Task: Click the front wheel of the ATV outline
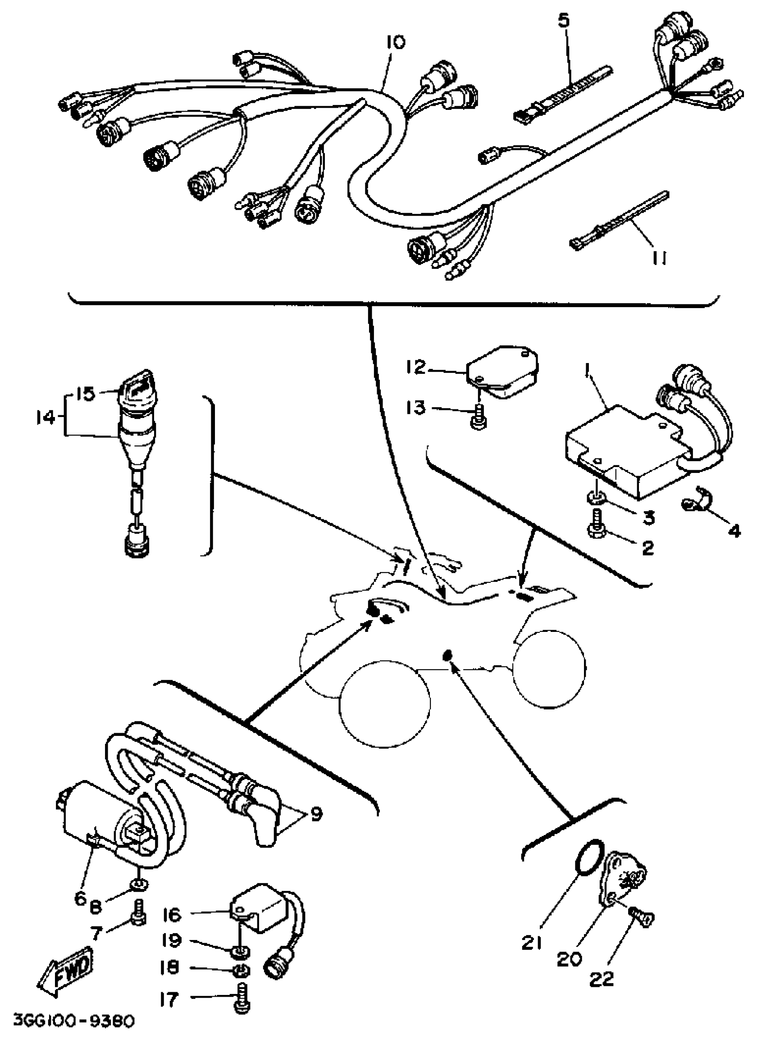(384, 703)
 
